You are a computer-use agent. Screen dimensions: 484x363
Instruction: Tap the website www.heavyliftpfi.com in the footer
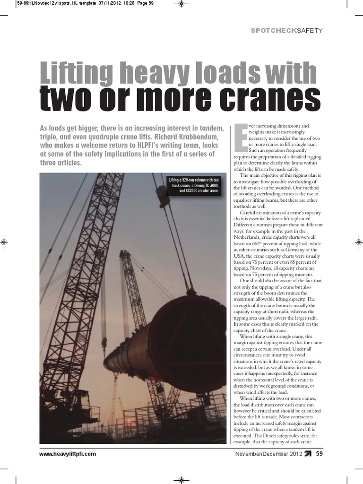[x=68, y=454]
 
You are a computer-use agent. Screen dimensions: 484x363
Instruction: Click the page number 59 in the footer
[x=320, y=454]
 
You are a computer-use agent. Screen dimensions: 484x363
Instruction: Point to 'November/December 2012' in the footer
[x=268, y=454]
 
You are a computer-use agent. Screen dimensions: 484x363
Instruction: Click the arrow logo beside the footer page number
[x=308, y=454]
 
